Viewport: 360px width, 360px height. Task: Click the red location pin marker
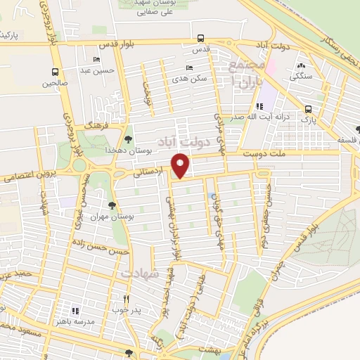point(181,166)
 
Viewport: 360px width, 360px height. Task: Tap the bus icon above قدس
point(201,39)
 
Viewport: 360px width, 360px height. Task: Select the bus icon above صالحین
point(55,72)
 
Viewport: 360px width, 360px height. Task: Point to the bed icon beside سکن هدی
point(188,68)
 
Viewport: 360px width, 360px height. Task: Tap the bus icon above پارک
point(309,109)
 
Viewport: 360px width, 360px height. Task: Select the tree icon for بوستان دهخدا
point(127,139)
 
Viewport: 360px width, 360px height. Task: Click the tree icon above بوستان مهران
point(112,202)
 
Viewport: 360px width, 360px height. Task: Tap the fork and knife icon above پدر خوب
point(127,297)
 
